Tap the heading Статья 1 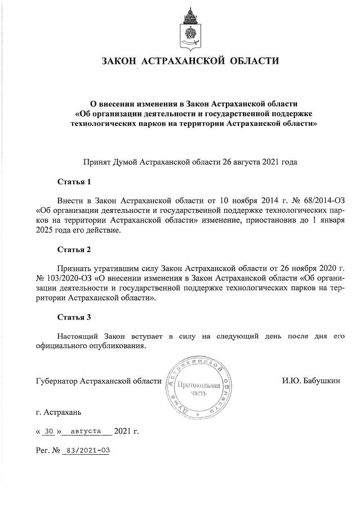tap(74, 182)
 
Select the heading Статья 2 tap(74, 249)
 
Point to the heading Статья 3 tap(74, 317)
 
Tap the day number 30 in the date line tap(48, 432)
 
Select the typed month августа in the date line tap(86, 432)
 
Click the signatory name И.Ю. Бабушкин tap(311, 382)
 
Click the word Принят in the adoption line tap(97, 161)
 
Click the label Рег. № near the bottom tap(47, 451)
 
